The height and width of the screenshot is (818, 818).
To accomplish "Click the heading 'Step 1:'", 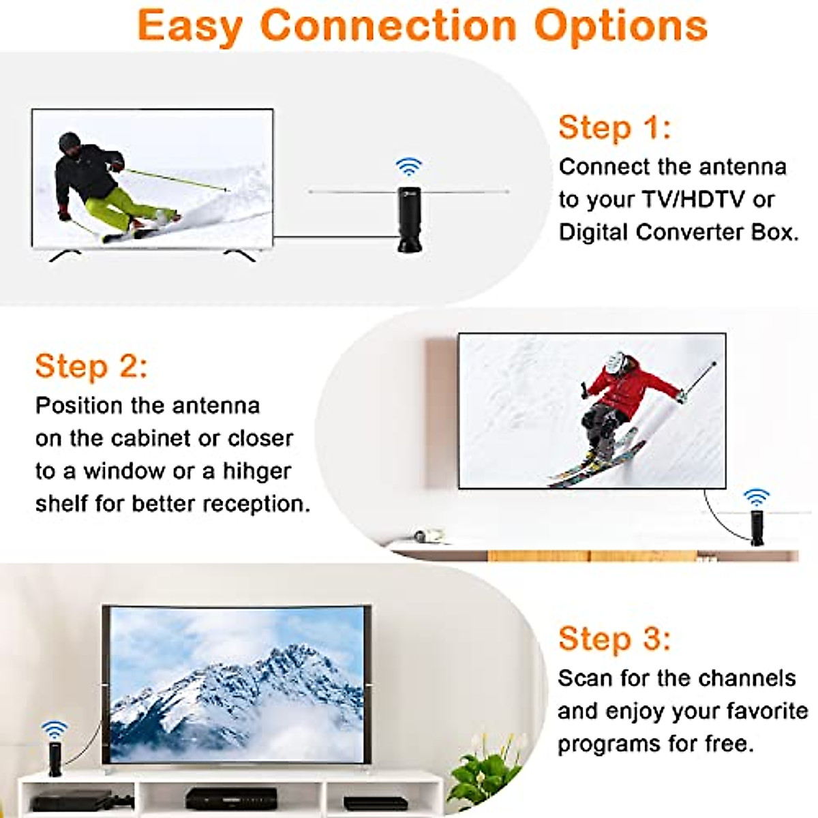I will tap(614, 128).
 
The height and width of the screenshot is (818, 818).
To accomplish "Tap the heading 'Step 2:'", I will tap(91, 366).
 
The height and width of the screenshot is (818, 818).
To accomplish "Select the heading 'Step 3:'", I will tap(614, 639).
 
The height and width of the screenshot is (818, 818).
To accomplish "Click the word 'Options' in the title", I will tap(620, 26).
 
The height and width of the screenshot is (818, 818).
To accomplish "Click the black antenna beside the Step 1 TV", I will tap(410, 219).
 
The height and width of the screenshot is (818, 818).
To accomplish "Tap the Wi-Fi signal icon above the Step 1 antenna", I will tap(409, 167).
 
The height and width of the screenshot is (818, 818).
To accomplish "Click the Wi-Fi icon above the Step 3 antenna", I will tap(55, 730).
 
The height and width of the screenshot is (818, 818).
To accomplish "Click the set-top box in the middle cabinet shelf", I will tap(231, 798).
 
